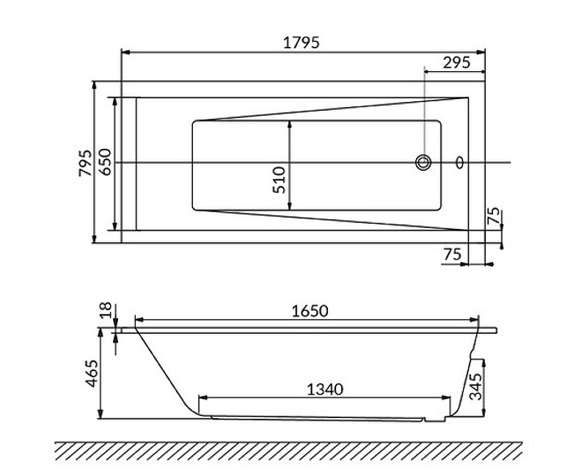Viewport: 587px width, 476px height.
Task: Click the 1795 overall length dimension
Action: (x=301, y=43)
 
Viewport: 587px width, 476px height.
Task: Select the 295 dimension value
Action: (x=456, y=63)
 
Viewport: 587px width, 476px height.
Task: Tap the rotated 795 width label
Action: (x=84, y=163)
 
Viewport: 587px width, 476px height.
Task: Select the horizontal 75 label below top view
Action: (x=452, y=254)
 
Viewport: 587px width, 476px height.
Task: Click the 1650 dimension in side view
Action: (x=307, y=310)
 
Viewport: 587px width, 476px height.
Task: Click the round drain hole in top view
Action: (x=423, y=162)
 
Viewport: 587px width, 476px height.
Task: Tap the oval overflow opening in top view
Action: (x=460, y=162)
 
